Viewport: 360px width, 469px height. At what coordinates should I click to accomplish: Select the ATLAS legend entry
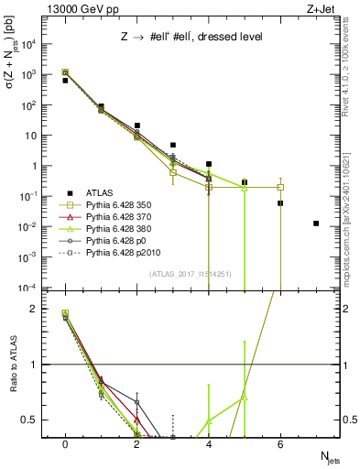click(104, 193)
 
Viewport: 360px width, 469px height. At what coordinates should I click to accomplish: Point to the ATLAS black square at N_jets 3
click(173, 145)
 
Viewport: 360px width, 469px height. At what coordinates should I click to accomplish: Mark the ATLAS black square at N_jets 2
click(137, 125)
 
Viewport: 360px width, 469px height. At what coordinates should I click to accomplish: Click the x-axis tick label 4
click(209, 444)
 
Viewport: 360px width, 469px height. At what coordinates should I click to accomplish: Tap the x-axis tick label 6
click(280, 444)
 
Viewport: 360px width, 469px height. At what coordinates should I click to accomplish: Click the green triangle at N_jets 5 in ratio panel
click(245, 398)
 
